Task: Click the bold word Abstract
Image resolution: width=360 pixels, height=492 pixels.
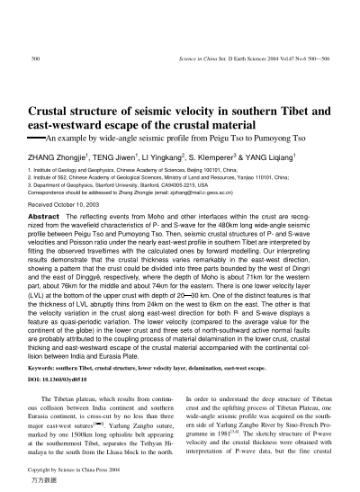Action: coord(45,218)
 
